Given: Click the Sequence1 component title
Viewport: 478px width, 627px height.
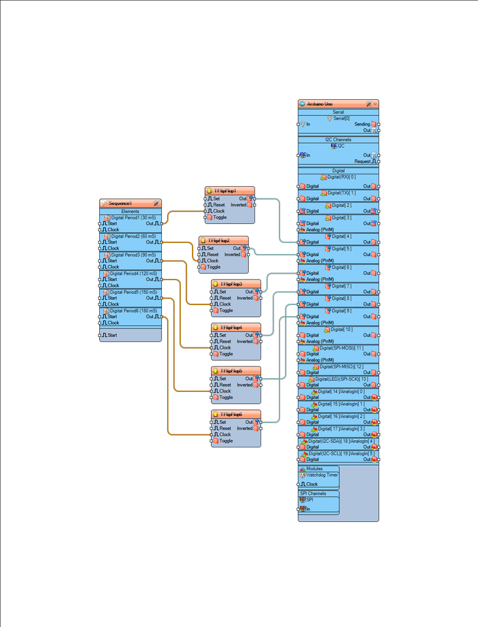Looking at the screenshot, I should [120, 204].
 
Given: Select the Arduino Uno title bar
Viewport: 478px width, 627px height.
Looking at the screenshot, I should [321, 104].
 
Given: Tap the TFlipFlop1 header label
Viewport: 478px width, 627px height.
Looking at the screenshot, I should [225, 191].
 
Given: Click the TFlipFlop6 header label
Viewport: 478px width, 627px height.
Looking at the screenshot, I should [231, 415].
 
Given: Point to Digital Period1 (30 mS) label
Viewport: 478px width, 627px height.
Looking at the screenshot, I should [133, 218].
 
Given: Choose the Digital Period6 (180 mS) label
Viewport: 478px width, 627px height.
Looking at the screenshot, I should [133, 311].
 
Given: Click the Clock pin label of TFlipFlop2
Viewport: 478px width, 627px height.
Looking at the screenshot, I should [212, 261].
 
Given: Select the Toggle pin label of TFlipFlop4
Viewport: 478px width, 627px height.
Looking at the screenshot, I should [225, 354].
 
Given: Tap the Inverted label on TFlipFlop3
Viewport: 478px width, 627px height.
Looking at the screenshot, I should [244, 298].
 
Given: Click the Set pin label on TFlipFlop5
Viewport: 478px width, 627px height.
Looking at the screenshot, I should [223, 379].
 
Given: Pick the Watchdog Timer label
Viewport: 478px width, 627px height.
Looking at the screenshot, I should [322, 475].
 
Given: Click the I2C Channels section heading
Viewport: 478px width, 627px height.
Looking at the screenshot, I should [338, 140].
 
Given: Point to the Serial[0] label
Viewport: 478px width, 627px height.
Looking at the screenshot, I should [342, 118].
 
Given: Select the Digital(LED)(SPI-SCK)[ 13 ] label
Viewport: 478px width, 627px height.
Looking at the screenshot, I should [342, 379].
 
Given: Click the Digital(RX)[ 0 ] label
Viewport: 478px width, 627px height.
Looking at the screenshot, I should [342, 177].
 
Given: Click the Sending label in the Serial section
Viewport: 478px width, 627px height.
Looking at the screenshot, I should [362, 124].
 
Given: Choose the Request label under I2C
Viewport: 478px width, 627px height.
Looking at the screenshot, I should [362, 161].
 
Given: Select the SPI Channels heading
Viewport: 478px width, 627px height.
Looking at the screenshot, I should [313, 494].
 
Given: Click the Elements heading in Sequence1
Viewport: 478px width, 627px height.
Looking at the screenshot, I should [130, 212].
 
